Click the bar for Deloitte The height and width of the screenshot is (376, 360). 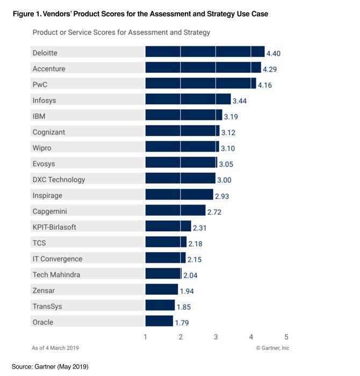point(205,52)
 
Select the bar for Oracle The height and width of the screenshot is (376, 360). point(159,322)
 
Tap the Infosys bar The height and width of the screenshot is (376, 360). point(188,100)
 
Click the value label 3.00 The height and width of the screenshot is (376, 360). point(224,180)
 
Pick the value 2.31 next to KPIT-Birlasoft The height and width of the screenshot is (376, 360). point(200,227)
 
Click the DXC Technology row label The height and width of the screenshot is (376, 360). point(59,179)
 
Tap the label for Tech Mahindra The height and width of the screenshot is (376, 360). point(56,274)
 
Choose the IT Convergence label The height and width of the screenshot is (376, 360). point(57,259)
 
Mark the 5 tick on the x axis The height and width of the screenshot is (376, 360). point(286,337)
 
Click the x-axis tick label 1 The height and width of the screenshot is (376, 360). point(146,337)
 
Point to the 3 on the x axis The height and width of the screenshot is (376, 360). point(215,337)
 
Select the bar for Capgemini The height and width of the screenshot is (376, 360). point(175,210)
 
